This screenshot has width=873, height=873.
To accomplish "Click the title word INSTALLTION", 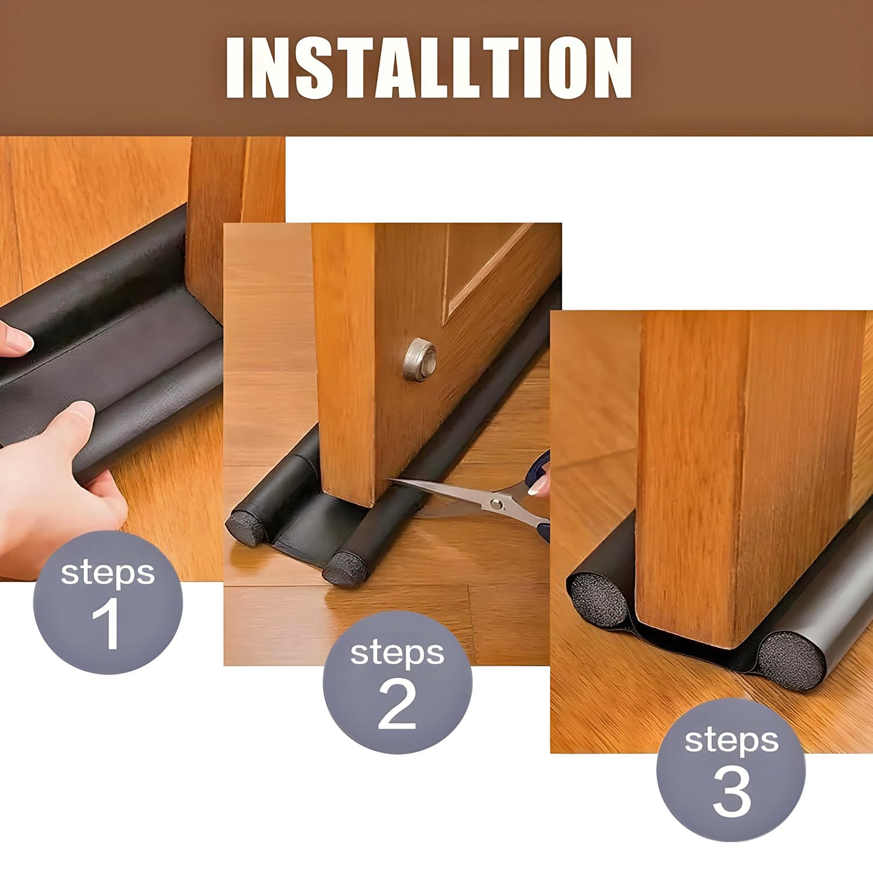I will [x=429, y=68].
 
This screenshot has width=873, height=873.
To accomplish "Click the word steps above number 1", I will [x=108, y=573].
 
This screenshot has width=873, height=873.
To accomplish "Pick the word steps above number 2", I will [x=397, y=654].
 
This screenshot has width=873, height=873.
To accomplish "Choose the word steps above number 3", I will [x=731, y=741].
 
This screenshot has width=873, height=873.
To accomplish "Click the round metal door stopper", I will [x=420, y=359].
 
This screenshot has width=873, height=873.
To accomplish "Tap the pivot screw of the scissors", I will [x=496, y=503].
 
